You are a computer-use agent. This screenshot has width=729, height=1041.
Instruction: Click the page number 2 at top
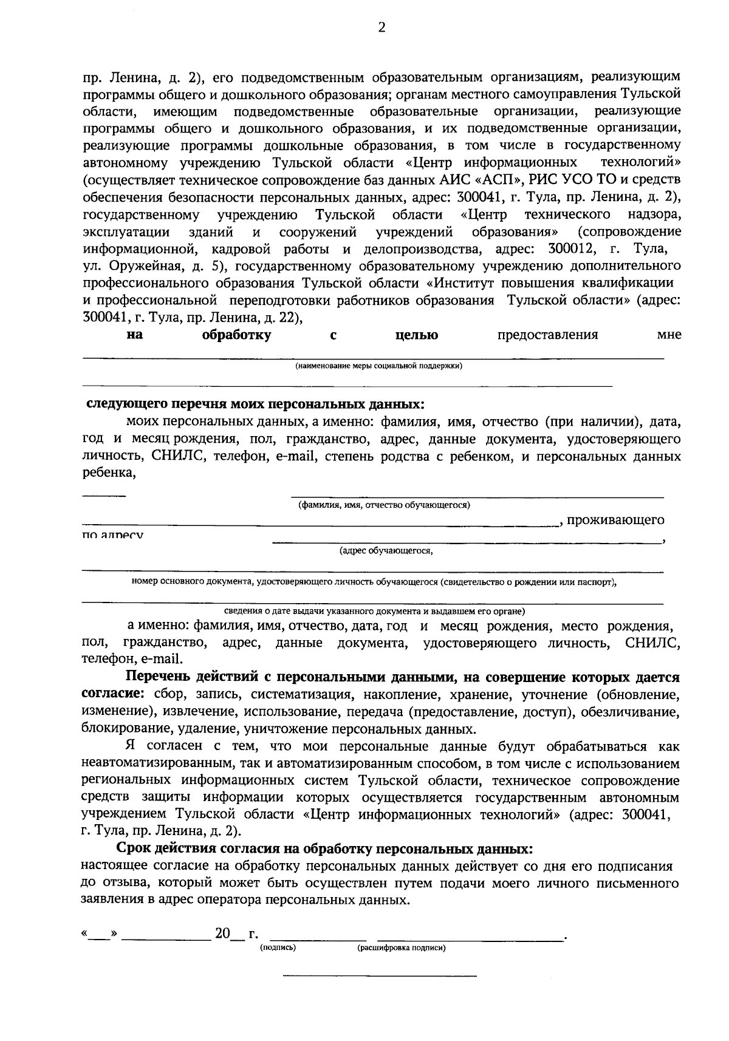[x=381, y=27]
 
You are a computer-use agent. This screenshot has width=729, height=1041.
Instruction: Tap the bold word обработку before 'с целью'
[x=236, y=335]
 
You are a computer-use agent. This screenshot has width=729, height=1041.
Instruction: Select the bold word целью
[x=417, y=335]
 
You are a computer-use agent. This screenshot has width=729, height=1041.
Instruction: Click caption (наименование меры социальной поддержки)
[x=379, y=366]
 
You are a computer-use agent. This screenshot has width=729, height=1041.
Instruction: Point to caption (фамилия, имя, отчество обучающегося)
[x=384, y=505]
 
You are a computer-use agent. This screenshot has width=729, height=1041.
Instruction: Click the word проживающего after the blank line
[x=617, y=520]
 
